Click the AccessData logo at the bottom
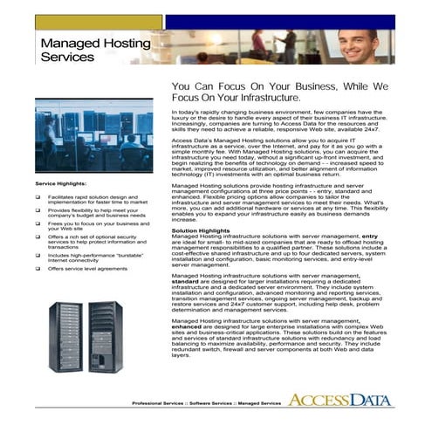(341, 401)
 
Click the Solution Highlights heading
(200, 230)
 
